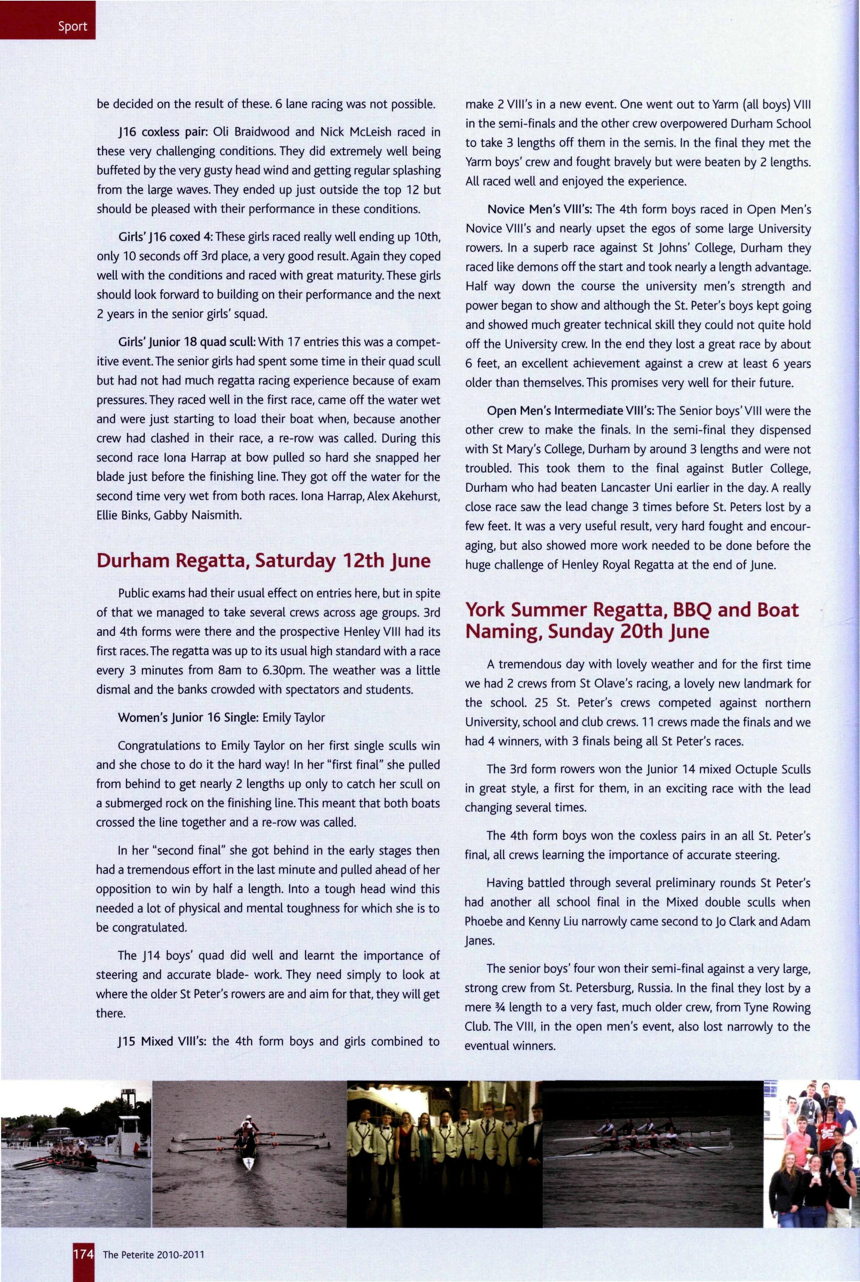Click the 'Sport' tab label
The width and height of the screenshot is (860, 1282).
pyautogui.click(x=73, y=26)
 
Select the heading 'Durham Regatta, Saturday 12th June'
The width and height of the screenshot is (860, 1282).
pyautogui.click(x=263, y=560)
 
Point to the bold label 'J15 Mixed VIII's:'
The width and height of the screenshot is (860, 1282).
pyautogui.click(x=161, y=1041)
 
